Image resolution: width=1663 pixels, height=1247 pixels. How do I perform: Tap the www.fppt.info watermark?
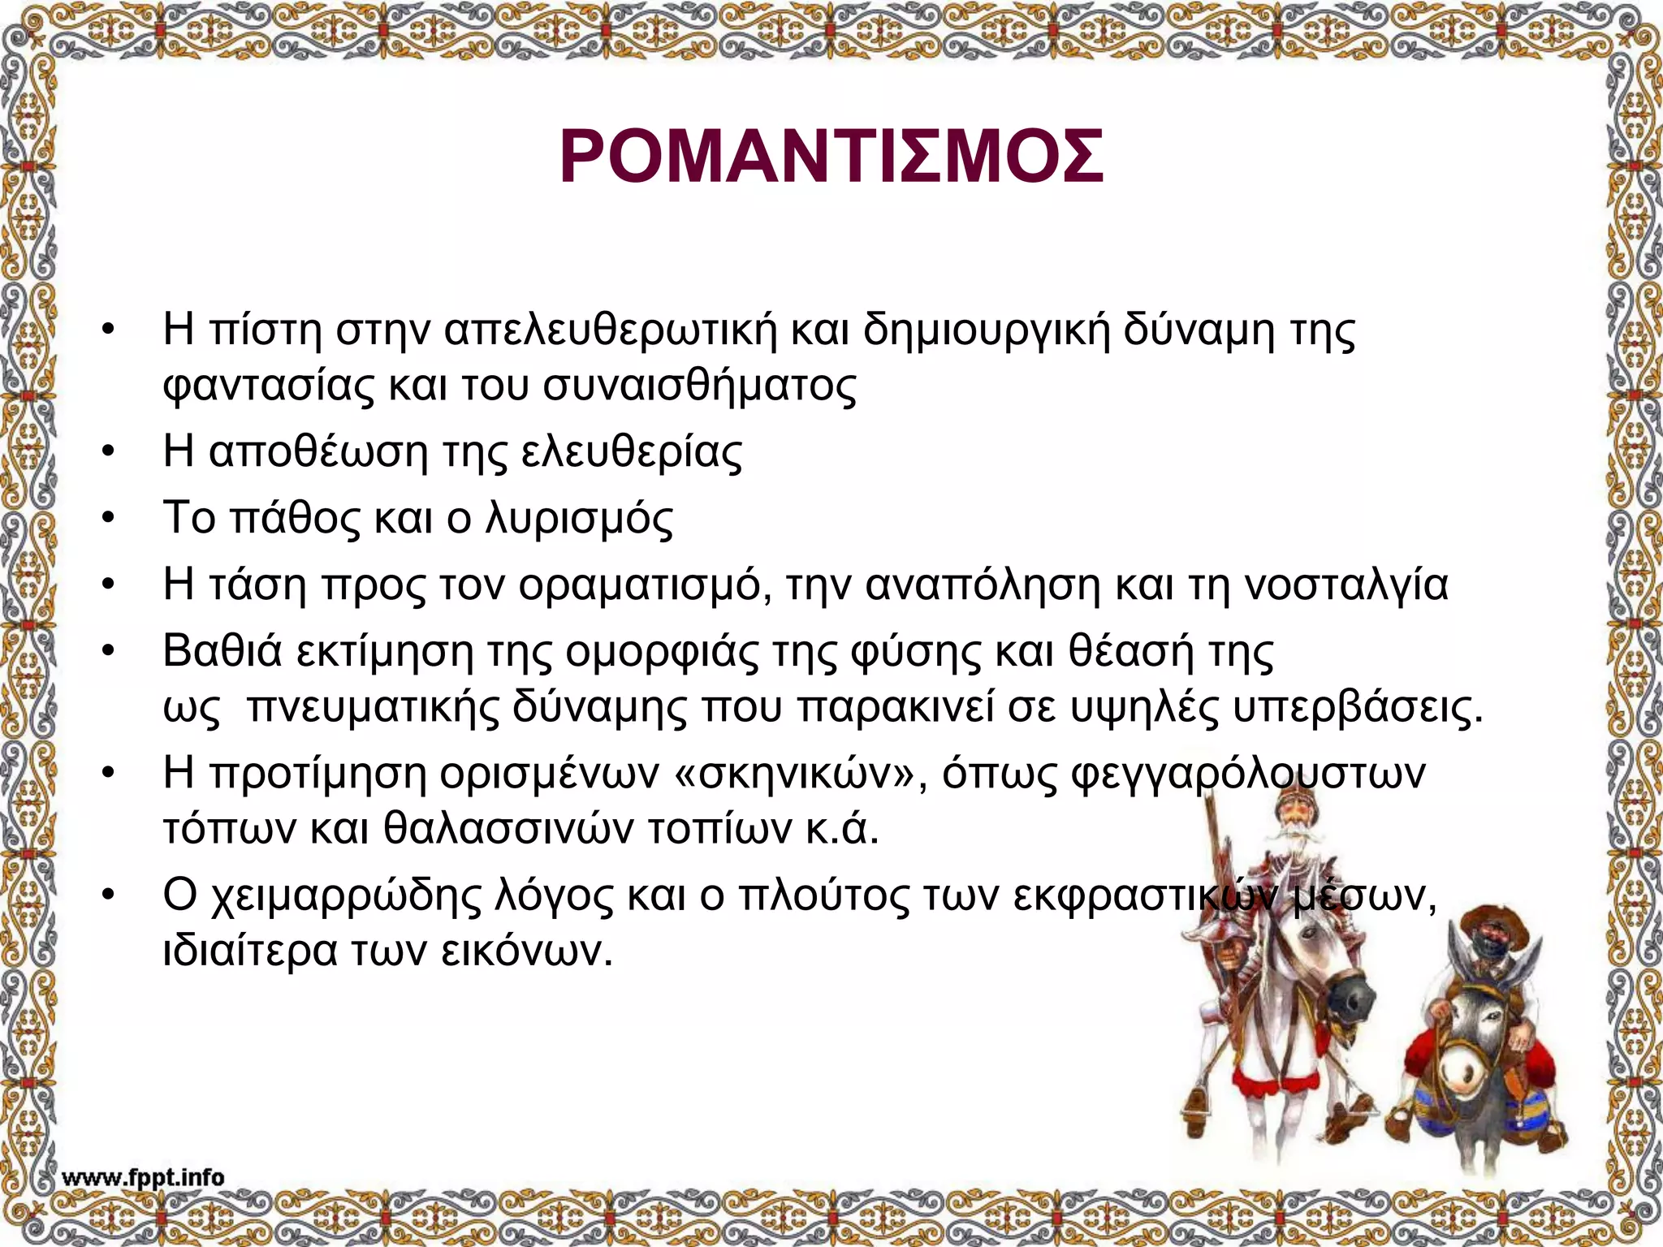(143, 1177)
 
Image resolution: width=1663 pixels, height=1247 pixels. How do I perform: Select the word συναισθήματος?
(699, 386)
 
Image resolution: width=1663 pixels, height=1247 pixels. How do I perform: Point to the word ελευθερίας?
(631, 451)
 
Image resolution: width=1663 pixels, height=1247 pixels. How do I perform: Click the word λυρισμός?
(579, 518)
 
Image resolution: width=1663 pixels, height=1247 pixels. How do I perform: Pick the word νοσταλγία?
(1346, 585)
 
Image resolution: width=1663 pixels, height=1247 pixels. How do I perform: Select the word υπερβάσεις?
(1358, 708)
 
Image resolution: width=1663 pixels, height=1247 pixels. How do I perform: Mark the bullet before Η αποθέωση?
(107, 453)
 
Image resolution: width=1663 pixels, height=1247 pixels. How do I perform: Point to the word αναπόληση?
(983, 585)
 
